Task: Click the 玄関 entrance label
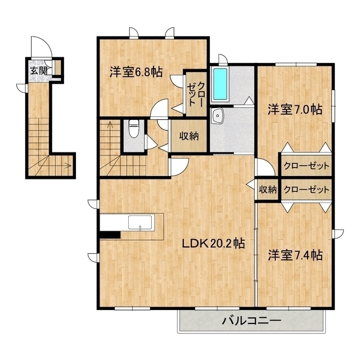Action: [x=39, y=71]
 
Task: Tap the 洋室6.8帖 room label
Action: [x=136, y=72]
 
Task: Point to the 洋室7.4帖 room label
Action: [x=295, y=255]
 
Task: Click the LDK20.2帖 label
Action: [x=213, y=244]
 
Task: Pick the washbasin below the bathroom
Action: [x=218, y=116]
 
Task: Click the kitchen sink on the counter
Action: [x=140, y=222]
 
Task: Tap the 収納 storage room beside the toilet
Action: [x=189, y=136]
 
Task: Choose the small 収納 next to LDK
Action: [x=268, y=190]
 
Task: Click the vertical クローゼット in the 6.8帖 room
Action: [x=196, y=94]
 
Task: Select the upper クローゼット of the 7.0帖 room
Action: [x=306, y=165]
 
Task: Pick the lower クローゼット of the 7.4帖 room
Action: [x=306, y=190]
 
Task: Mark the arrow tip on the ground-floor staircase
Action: [x=71, y=165]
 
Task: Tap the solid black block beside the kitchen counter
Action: [x=110, y=235]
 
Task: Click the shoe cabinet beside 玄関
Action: [x=57, y=67]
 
